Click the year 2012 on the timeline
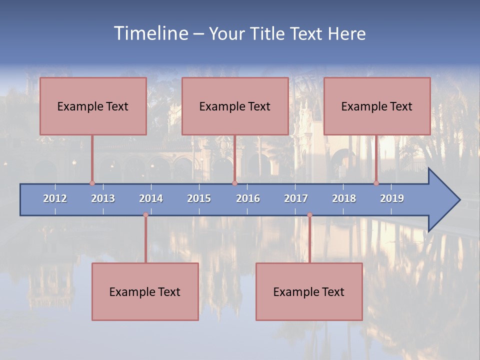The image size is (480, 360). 55,198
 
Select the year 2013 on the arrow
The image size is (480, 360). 103,198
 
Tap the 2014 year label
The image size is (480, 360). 151,198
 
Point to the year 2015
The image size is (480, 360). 199,198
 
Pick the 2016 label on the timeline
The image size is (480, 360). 248,198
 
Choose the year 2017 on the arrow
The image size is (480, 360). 296,198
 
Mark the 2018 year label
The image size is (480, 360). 344,198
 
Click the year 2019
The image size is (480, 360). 392,198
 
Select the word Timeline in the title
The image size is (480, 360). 150,33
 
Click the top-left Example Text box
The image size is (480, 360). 93,106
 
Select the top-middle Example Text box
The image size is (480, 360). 235,106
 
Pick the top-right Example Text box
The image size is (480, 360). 377,106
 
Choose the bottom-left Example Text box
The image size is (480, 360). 145,291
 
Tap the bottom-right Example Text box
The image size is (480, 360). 309,291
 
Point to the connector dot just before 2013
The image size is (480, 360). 92,183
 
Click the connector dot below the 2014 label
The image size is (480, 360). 145,215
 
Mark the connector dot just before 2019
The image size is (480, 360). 376,183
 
